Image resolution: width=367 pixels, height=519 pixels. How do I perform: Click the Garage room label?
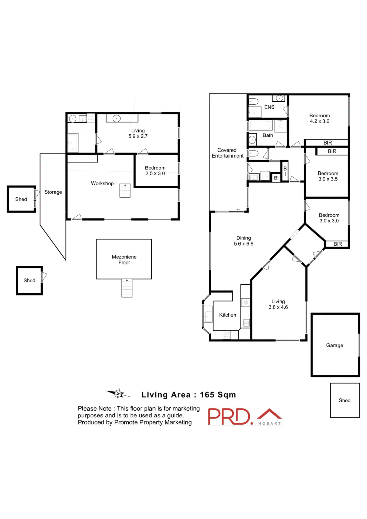coord(334,345)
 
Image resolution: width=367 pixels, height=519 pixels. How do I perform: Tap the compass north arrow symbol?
coord(118,394)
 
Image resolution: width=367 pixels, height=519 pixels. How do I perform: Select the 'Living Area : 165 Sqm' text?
coord(189,395)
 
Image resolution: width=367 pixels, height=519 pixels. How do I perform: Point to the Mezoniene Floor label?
coord(124,259)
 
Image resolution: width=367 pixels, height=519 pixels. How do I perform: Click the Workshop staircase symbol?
coord(125,191)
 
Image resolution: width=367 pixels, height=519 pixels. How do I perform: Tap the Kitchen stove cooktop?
coord(226,335)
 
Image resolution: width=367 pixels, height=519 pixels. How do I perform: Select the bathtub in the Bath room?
coord(260,125)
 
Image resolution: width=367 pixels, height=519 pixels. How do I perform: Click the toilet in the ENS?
coord(253,102)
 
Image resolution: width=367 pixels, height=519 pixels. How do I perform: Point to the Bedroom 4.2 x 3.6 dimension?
coord(319,121)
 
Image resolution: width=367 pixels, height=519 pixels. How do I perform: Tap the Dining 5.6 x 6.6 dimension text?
coord(243,244)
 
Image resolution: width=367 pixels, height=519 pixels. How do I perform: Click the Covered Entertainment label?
coord(227,153)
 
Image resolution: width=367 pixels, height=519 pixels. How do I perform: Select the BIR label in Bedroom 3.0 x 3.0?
coord(338,244)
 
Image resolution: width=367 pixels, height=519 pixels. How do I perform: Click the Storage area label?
coord(53,192)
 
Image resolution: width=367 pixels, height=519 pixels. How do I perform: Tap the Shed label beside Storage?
coord(21,199)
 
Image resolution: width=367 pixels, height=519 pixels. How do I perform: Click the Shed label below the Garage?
coord(344,400)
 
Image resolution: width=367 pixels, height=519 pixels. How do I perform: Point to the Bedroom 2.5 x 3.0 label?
coord(155,171)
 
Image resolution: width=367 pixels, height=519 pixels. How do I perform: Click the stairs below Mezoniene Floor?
coord(127,288)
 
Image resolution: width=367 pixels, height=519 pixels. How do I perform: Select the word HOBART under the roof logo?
coord(269,423)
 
